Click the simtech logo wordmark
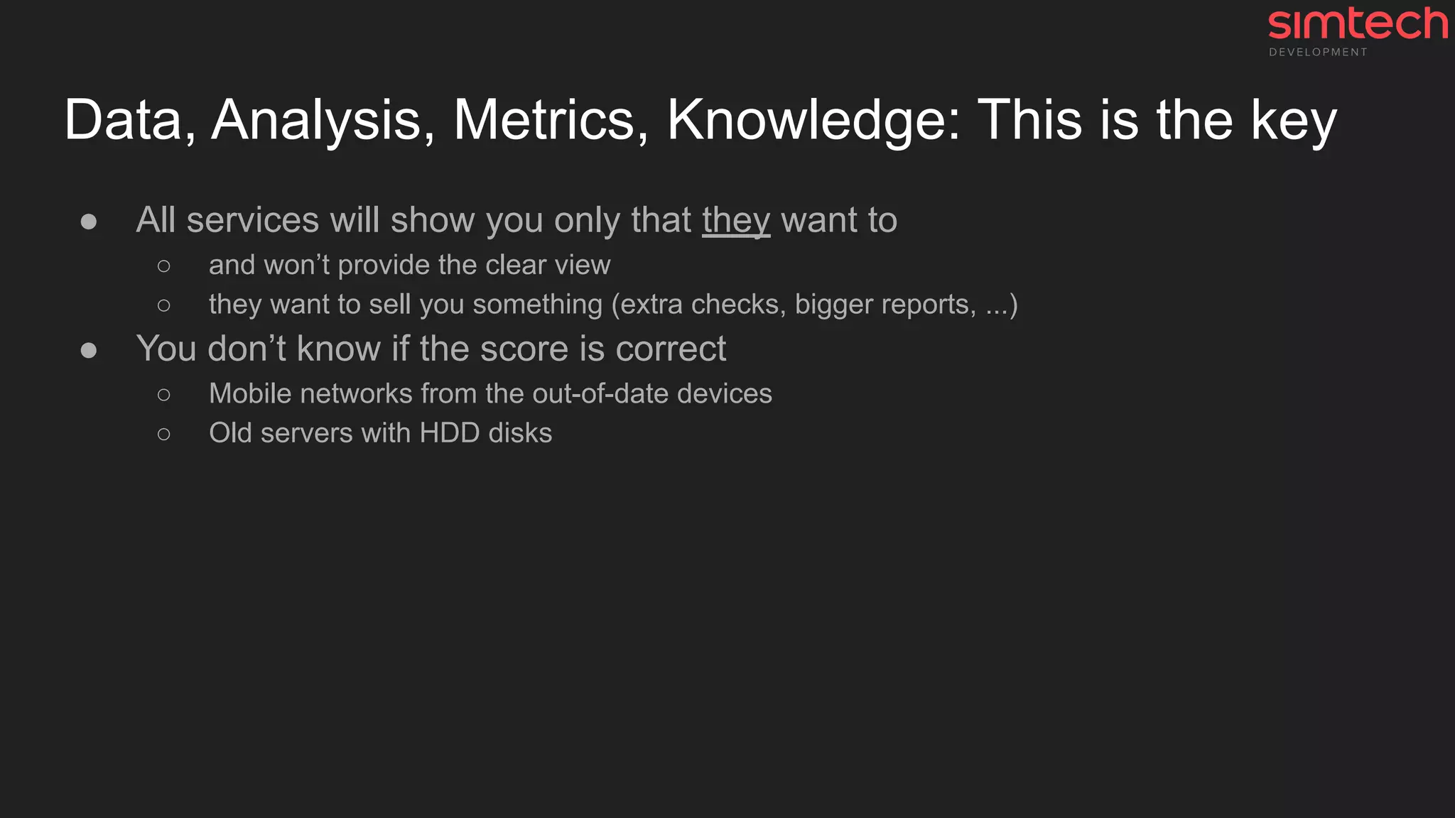[x=1358, y=24]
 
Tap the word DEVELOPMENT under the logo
[x=1318, y=53]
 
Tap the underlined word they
[x=736, y=221]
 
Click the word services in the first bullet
[x=252, y=220]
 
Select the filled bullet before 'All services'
[x=89, y=222]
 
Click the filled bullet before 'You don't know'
[x=89, y=350]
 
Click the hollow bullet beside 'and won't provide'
[x=164, y=266]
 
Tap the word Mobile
[x=250, y=393]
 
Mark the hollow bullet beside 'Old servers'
[x=164, y=434]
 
